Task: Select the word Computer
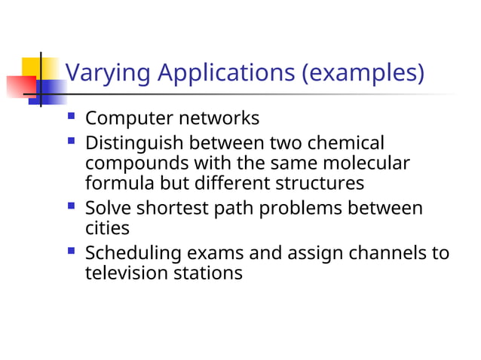[130, 119]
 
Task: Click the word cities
[107, 227]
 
